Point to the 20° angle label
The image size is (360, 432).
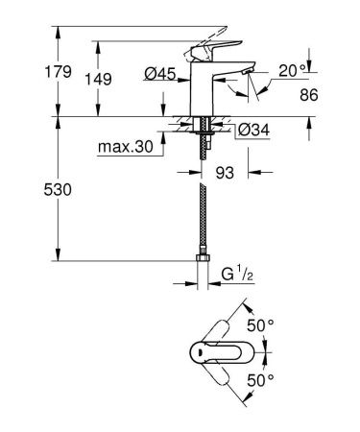(294, 69)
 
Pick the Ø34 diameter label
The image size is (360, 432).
(251, 131)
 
